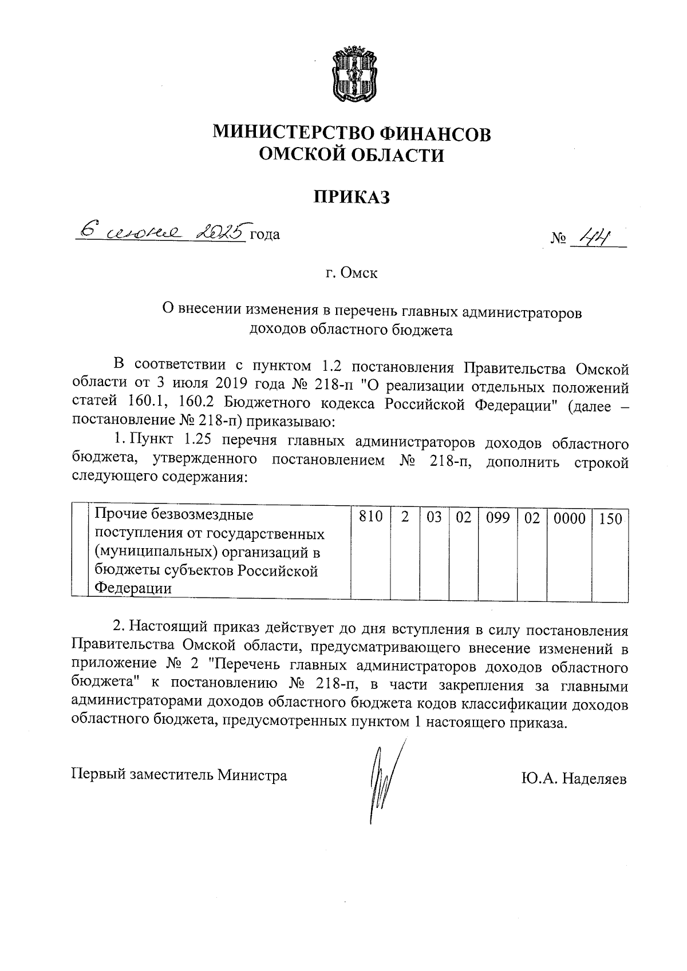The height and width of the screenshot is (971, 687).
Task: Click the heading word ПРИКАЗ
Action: (x=352, y=197)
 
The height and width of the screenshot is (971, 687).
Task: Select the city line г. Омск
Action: (x=352, y=273)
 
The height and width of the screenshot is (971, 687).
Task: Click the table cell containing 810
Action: (x=370, y=518)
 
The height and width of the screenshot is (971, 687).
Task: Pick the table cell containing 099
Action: (x=498, y=518)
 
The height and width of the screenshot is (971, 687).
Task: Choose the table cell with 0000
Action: (x=569, y=518)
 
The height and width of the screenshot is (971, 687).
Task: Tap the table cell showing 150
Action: (x=610, y=518)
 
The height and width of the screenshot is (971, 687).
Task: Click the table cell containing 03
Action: (x=434, y=518)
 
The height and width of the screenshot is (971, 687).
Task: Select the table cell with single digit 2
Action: (x=405, y=518)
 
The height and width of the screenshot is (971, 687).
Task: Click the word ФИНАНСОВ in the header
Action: (x=435, y=133)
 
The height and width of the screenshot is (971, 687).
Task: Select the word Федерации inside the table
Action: (x=132, y=588)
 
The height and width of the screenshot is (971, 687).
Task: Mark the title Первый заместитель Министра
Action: (x=179, y=775)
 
